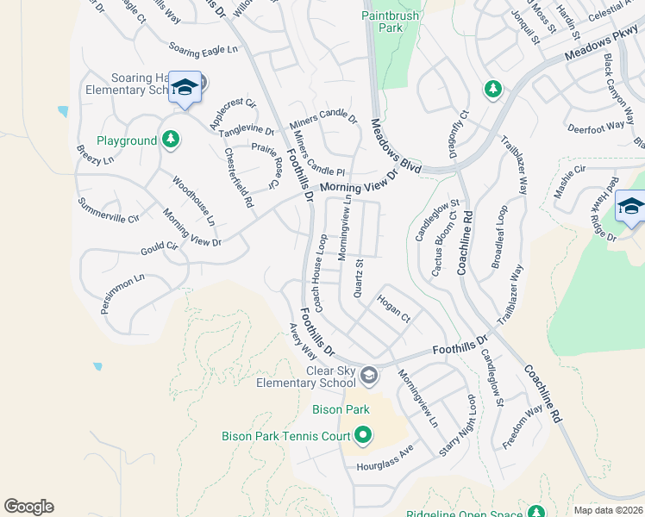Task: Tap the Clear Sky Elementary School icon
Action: point(369,376)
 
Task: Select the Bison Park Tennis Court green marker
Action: point(363,437)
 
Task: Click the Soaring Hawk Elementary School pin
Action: point(185,88)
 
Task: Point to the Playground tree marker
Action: point(171,140)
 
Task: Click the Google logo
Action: point(28,507)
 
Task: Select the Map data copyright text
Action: point(608,510)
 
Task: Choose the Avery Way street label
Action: point(303,341)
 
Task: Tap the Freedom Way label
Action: point(523,427)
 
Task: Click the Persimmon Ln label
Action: point(120,294)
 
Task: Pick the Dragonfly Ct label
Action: point(454,134)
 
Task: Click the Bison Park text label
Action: point(341,408)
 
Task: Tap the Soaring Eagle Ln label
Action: point(203,49)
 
